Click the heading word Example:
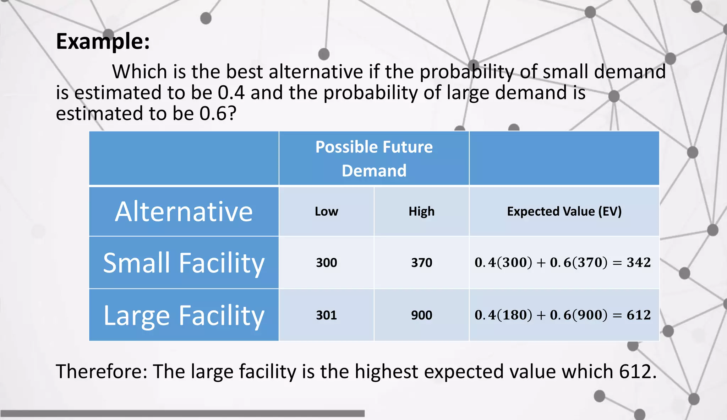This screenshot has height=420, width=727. click(x=103, y=42)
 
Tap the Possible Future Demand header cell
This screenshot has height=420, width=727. click(x=374, y=158)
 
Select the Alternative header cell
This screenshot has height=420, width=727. click(x=184, y=211)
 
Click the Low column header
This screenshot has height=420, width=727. click(x=326, y=211)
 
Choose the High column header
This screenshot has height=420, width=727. click(x=421, y=211)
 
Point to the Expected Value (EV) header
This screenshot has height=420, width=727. click(x=564, y=211)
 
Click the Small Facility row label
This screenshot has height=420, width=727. click(x=184, y=263)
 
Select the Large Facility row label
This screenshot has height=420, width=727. click(x=184, y=315)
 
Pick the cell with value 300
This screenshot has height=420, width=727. click(x=326, y=263)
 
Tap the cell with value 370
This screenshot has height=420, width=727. click(x=421, y=263)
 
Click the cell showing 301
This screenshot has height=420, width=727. click(x=326, y=315)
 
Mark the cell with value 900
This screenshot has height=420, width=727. click(x=421, y=315)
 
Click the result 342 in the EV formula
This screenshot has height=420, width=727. click(x=639, y=263)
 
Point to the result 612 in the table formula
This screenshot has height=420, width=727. click(x=639, y=315)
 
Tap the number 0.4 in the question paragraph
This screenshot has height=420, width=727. click(x=231, y=93)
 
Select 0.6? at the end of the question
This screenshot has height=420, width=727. click(x=218, y=114)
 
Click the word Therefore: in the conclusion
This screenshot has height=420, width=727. click(x=102, y=372)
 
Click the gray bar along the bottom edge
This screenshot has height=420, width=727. click(x=182, y=413)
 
